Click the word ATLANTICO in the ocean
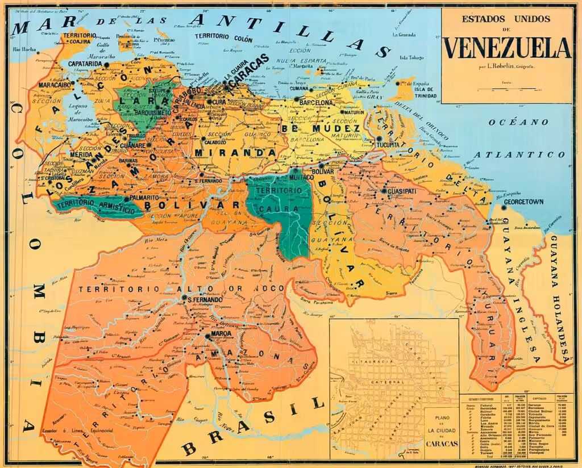click(520, 154)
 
